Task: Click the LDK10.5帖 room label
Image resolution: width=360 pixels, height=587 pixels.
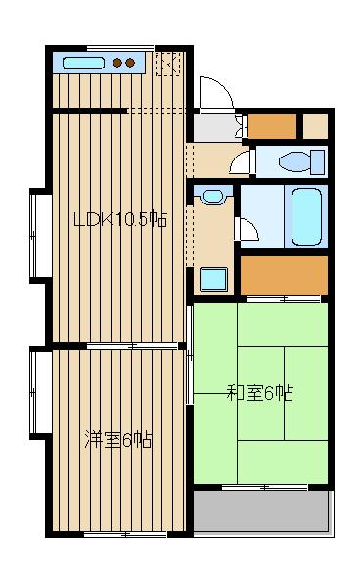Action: (119, 220)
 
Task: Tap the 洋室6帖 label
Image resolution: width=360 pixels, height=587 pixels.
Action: (117, 439)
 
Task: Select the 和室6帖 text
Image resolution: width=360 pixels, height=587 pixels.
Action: (260, 393)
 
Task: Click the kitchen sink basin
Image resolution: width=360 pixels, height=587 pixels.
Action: (83, 63)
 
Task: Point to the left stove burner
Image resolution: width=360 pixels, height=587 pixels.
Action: (117, 63)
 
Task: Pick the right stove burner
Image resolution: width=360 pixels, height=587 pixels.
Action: (130, 63)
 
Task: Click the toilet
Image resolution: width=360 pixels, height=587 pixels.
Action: (301, 161)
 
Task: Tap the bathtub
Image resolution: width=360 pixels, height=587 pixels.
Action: (306, 217)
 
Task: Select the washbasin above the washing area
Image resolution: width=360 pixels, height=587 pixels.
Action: (212, 197)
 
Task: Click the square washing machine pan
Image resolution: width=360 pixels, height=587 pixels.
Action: (213, 279)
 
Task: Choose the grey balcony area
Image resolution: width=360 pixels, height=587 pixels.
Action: (261, 511)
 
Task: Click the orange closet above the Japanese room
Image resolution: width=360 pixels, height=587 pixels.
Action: (284, 276)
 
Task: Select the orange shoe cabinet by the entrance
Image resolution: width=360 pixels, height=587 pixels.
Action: (272, 126)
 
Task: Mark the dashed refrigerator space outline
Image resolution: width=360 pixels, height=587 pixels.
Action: (168, 64)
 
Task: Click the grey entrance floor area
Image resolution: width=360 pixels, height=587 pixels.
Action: (215, 128)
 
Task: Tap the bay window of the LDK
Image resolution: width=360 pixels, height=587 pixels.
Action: (40, 235)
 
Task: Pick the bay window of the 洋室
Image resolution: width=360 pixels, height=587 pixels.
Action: (40, 393)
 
